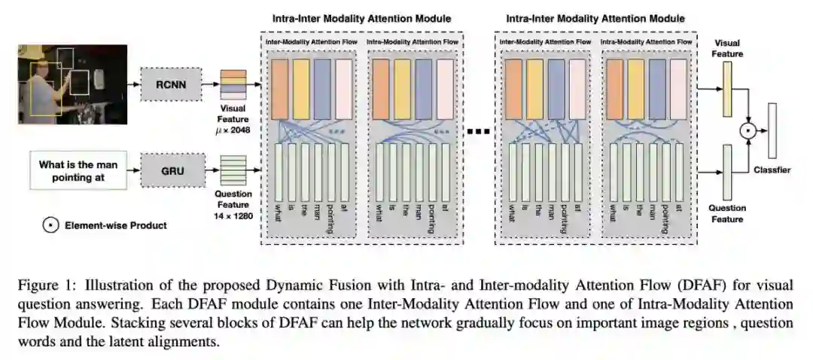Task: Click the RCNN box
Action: click(171, 84)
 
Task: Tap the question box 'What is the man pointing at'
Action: click(77, 172)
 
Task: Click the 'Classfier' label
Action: click(772, 170)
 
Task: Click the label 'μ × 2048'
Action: click(233, 132)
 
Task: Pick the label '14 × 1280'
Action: click(233, 216)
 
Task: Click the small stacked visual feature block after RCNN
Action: click(233, 84)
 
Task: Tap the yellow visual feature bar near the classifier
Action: click(727, 89)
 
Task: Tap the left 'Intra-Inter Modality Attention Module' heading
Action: click(361, 18)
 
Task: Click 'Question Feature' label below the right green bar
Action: click(727, 213)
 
